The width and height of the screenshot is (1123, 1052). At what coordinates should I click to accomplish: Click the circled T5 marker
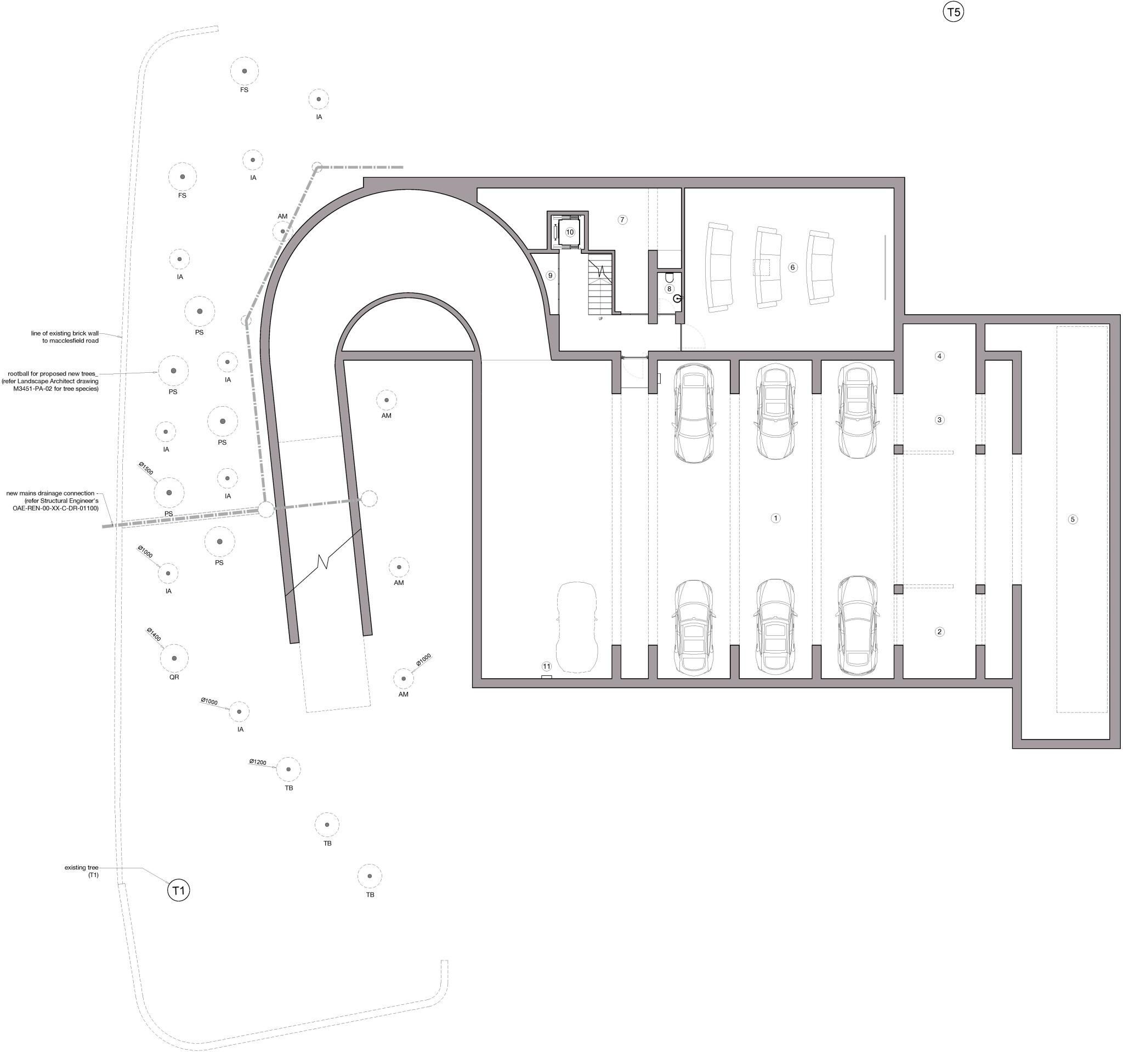click(953, 12)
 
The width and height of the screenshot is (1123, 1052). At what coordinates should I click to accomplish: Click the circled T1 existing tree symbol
click(179, 890)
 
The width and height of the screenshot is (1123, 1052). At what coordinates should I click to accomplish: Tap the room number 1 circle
click(775, 518)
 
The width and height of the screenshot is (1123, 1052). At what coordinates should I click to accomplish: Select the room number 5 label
click(1073, 519)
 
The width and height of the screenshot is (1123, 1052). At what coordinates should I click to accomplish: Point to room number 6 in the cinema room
click(792, 267)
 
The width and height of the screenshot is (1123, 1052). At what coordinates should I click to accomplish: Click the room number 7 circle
click(622, 220)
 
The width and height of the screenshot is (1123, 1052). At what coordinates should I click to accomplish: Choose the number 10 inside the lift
click(569, 232)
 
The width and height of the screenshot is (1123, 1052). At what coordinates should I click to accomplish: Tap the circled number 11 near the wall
click(546, 666)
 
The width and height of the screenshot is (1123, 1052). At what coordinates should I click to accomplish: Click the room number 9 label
click(550, 276)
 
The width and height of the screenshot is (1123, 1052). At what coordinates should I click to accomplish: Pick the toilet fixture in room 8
click(670, 278)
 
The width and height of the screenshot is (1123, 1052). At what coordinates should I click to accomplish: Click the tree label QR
click(174, 676)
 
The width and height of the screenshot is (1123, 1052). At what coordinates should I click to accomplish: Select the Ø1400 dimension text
click(154, 635)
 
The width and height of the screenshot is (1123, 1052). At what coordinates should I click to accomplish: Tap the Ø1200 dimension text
click(258, 762)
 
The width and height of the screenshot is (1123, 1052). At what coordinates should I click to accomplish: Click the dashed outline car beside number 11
click(576, 627)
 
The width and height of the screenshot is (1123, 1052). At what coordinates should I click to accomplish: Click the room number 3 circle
click(939, 419)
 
